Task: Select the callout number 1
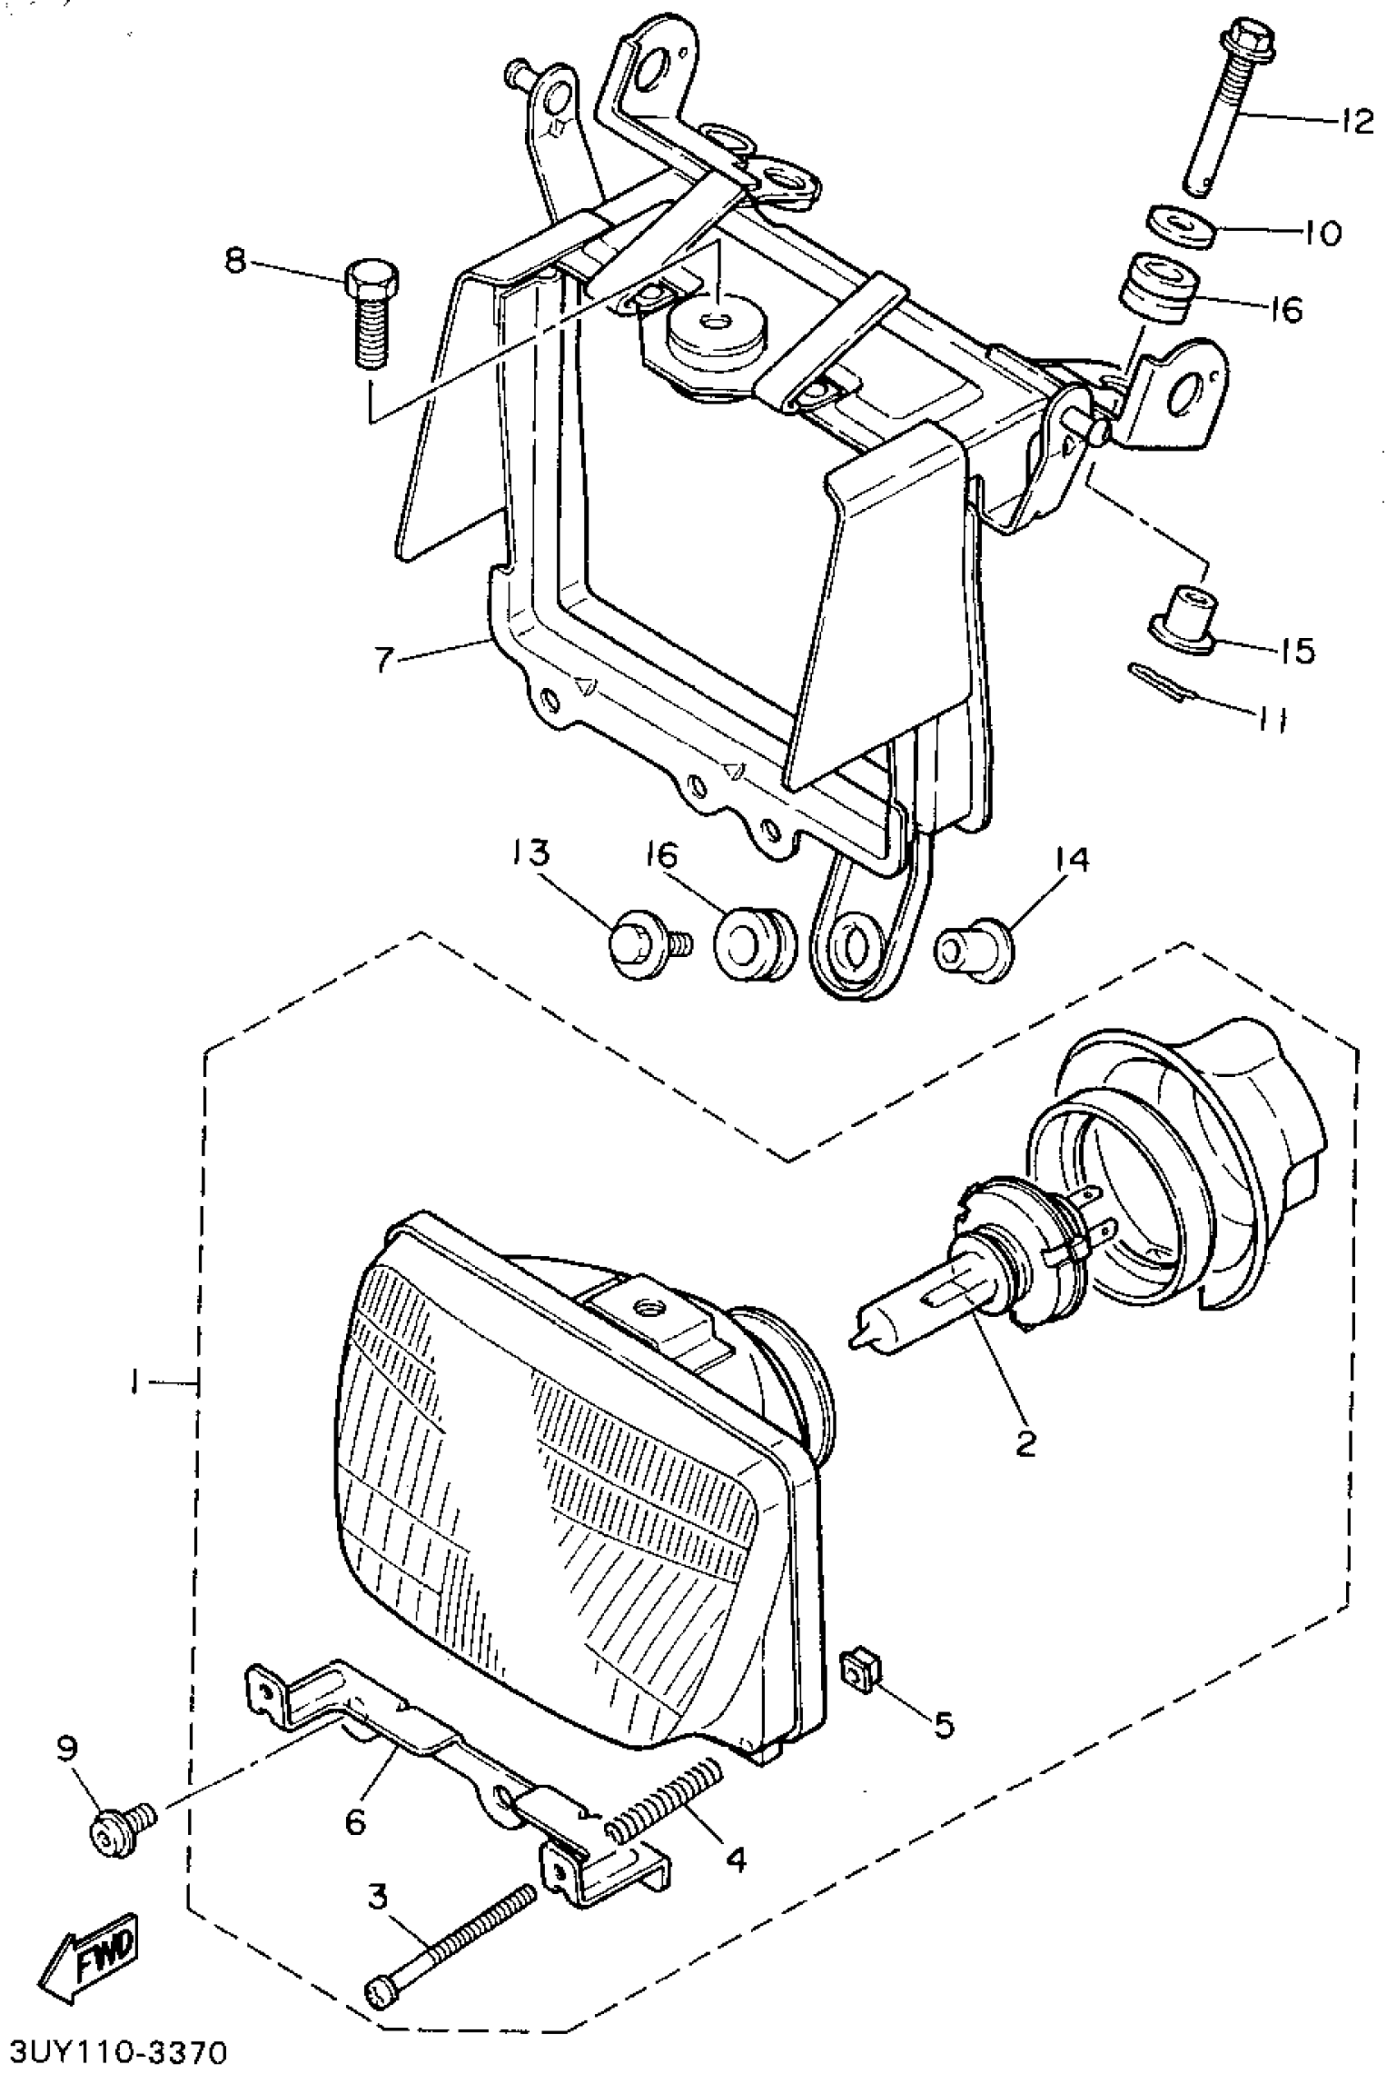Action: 133,1383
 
